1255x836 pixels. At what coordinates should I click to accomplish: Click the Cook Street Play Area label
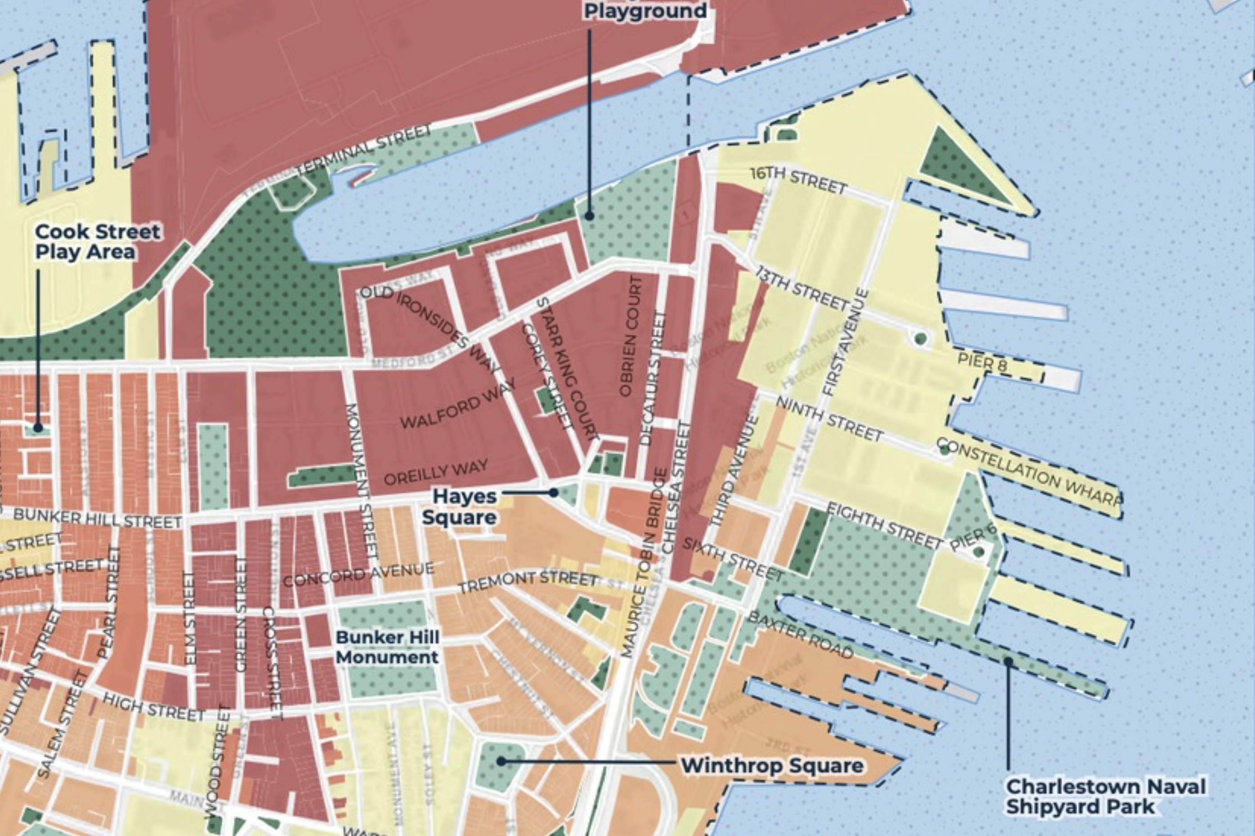click(x=97, y=241)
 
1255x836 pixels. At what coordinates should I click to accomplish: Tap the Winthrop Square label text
click(x=772, y=765)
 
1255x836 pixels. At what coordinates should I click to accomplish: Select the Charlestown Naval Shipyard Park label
click(x=1105, y=796)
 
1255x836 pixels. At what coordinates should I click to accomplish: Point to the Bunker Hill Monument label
click(x=387, y=647)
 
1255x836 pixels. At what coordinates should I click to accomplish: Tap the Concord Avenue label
click(x=358, y=575)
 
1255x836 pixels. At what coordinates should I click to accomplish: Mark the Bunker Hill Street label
click(x=98, y=518)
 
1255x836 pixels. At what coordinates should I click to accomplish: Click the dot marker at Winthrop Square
click(x=501, y=761)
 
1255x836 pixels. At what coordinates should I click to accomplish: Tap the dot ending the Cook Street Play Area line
click(x=38, y=427)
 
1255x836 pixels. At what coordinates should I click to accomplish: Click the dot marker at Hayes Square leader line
click(x=553, y=493)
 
